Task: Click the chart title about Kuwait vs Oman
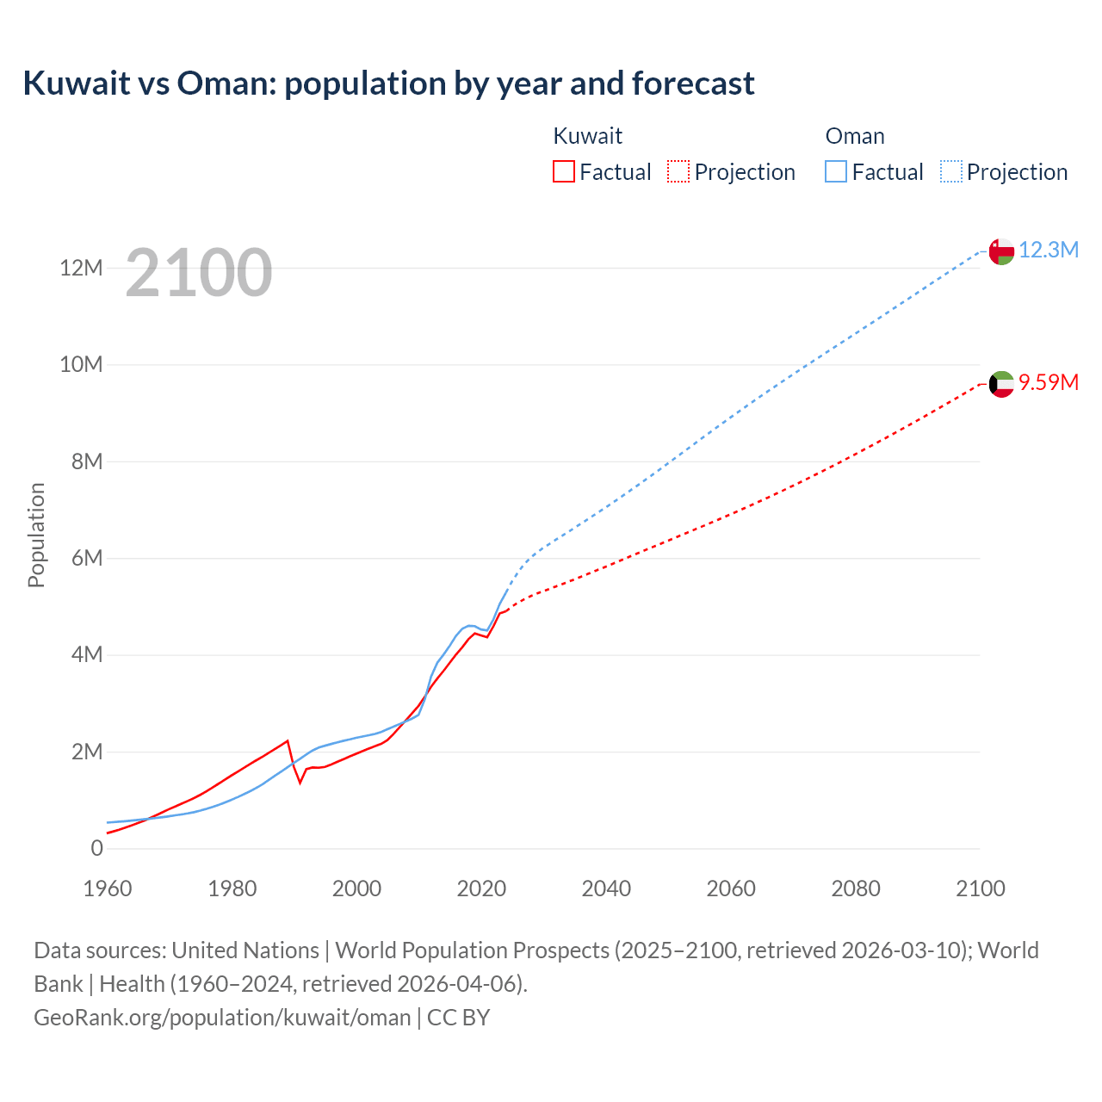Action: [388, 84]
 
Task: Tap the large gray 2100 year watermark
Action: [199, 273]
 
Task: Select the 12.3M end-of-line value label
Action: [1048, 250]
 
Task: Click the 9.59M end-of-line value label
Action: [1048, 382]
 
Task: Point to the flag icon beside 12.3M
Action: [1001, 251]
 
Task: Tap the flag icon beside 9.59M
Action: [1001, 384]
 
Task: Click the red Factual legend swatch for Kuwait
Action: [564, 171]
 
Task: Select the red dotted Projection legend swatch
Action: [678, 171]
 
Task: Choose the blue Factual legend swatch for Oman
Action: [836, 171]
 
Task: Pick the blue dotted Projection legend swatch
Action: [951, 171]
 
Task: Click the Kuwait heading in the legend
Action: [587, 136]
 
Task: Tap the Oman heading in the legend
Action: [855, 136]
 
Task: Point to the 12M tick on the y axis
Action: [81, 268]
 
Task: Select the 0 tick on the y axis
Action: [96, 848]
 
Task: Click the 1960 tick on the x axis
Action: [108, 888]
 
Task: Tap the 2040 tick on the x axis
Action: [606, 888]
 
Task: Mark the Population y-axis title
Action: [36, 535]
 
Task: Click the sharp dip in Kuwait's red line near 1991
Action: [300, 782]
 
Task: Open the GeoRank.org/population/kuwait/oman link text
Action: [222, 1017]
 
